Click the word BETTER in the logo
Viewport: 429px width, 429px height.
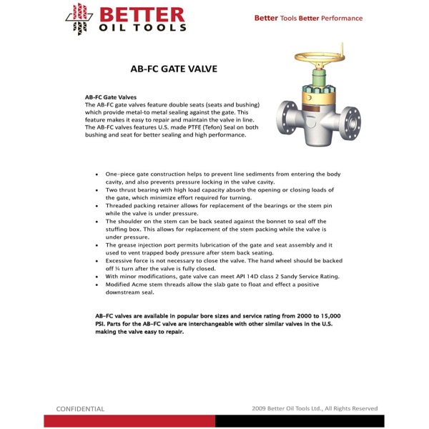pyautogui.click(x=142, y=14)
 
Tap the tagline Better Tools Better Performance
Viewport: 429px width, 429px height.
pyautogui.click(x=308, y=19)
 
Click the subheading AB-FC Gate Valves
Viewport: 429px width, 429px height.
pyautogui.click(x=110, y=97)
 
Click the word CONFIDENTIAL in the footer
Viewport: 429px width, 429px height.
pyautogui.click(x=80, y=409)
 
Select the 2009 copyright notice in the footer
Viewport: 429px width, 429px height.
pyautogui.click(x=315, y=409)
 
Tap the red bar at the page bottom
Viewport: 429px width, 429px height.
pyautogui.click(x=129, y=421)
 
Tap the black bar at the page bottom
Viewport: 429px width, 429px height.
pyautogui.click(x=300, y=421)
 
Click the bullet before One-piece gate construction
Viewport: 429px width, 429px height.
pyautogui.click(x=97, y=174)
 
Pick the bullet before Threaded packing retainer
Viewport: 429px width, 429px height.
pyautogui.click(x=97, y=205)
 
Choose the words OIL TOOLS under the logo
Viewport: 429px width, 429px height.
pyautogui.click(x=143, y=28)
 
